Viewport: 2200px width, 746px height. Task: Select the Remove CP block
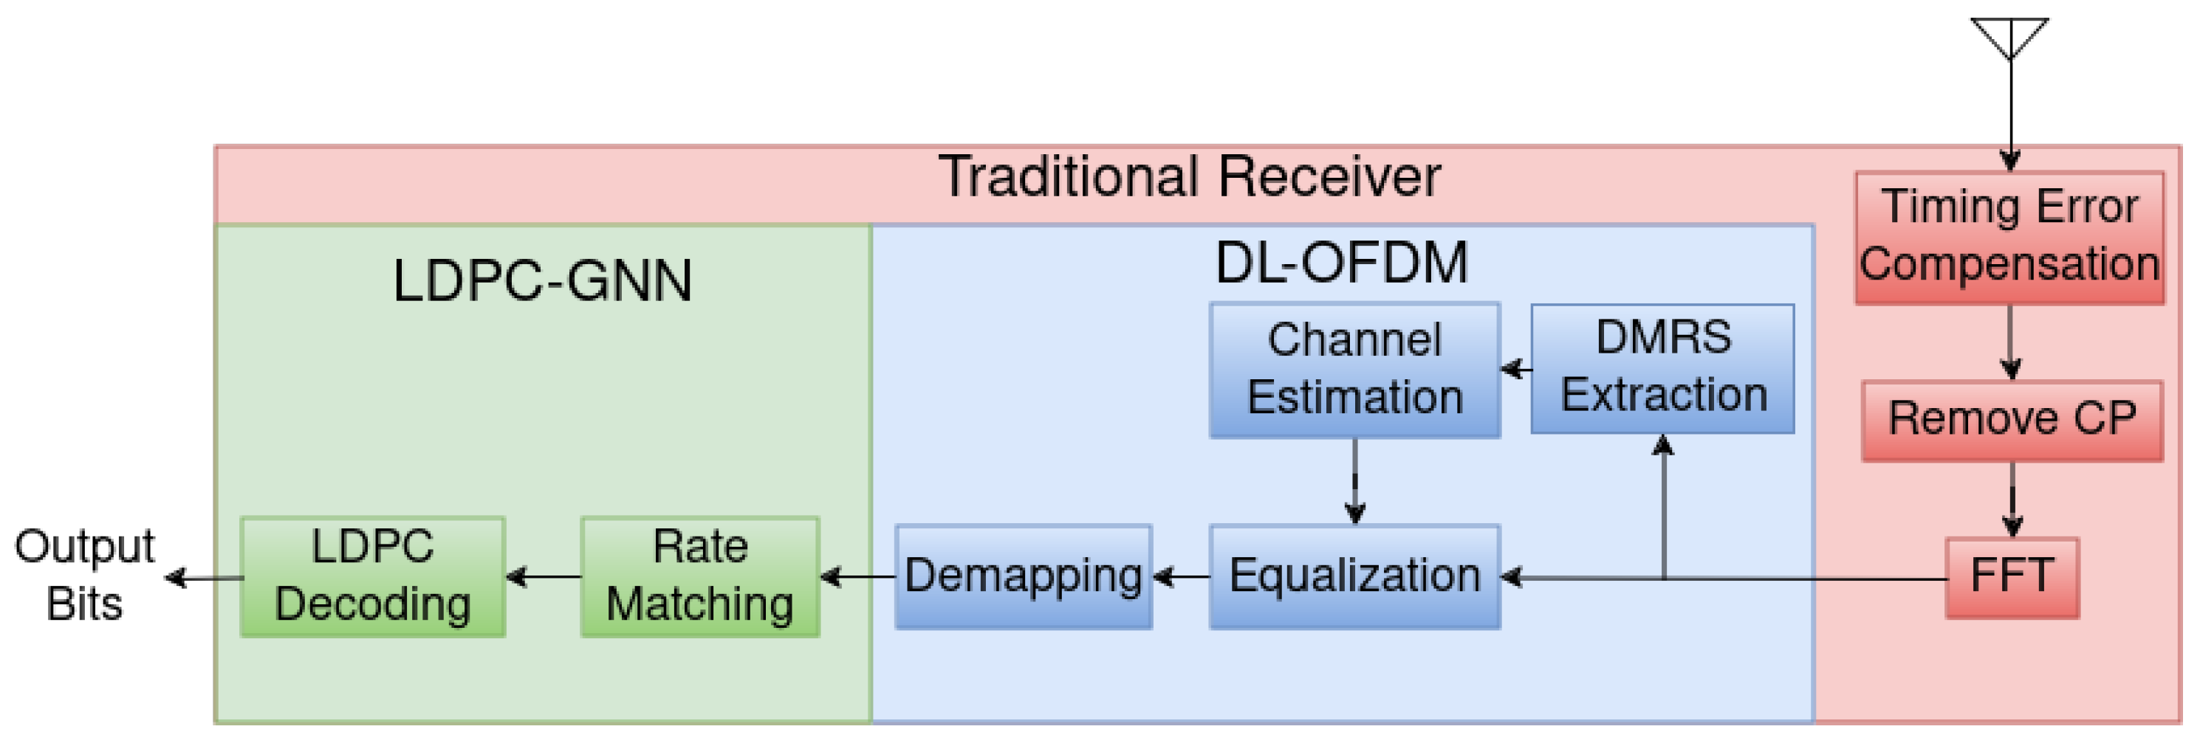tap(2011, 420)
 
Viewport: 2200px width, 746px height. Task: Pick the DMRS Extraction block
tap(1662, 368)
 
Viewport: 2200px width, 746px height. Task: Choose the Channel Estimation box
tap(1354, 370)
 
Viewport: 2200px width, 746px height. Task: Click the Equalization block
tap(1354, 576)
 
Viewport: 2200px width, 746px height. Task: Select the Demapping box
tap(1023, 576)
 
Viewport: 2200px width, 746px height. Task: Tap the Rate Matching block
tap(699, 576)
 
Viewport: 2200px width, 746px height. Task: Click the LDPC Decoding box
tap(372, 576)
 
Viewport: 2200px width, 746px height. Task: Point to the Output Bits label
tap(84, 574)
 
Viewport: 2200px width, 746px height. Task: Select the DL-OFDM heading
tap(1341, 263)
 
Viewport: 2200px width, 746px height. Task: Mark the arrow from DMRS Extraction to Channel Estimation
tap(1516, 370)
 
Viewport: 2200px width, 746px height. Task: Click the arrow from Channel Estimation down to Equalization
tap(1354, 481)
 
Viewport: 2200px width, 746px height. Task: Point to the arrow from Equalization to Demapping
tap(1181, 577)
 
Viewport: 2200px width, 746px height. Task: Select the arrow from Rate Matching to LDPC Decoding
tap(543, 577)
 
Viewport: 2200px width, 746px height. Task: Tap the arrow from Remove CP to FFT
tap(2012, 500)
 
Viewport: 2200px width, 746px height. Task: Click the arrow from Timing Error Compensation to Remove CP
tap(2010, 342)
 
